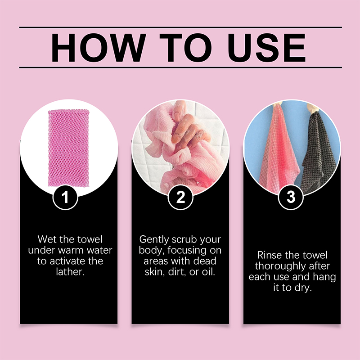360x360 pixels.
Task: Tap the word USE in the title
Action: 266,48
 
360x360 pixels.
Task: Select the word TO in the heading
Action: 185,48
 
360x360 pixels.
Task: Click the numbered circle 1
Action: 65,197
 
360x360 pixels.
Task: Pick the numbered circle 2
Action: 180,197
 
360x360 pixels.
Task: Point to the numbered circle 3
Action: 291,197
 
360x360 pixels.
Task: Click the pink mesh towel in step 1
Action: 68,148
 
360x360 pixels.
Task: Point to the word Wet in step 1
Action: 47,239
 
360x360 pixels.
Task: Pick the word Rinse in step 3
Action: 269,255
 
